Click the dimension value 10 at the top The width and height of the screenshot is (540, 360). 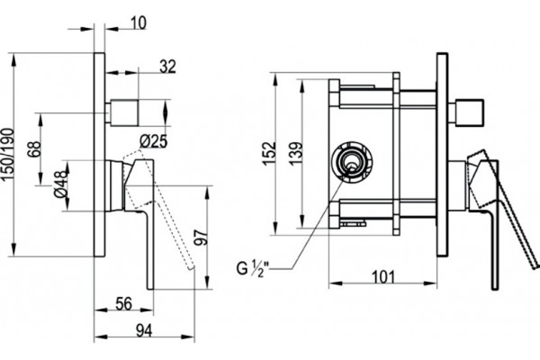coord(139,23)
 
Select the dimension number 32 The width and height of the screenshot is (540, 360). coord(167,67)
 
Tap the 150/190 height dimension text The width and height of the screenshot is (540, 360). coord(7,154)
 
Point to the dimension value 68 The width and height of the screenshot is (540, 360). coord(34,148)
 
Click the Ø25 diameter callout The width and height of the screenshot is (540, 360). coord(154,141)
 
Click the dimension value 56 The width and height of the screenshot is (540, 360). coord(123,304)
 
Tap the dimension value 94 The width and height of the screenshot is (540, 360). coord(144,330)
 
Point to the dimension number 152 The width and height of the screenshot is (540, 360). coord(270,153)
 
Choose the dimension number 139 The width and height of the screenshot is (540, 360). coord(296,153)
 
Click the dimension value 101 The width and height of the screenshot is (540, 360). coord(382,277)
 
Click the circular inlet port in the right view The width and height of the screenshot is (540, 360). coord(352,161)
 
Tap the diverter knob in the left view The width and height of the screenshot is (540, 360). coord(123,112)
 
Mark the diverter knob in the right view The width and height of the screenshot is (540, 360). coord(468,112)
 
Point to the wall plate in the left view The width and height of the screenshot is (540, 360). coord(99,155)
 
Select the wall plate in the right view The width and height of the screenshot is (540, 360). coord(442,155)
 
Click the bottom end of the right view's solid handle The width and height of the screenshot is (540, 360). coord(494,289)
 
